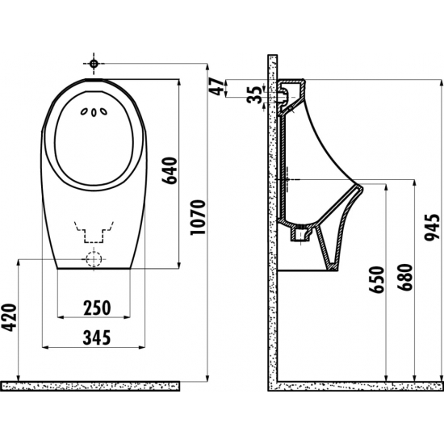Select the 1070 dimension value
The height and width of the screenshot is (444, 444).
point(197,217)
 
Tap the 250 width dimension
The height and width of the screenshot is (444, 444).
point(97,308)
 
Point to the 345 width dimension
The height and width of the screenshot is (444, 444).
point(97,337)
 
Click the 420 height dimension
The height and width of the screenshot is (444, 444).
point(9,317)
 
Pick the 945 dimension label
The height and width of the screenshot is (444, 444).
point(433,228)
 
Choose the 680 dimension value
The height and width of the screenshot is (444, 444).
point(404,277)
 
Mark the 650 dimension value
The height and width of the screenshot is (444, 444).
point(376,279)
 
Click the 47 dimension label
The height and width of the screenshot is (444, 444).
point(216,87)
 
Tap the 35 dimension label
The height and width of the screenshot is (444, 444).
point(254,95)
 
